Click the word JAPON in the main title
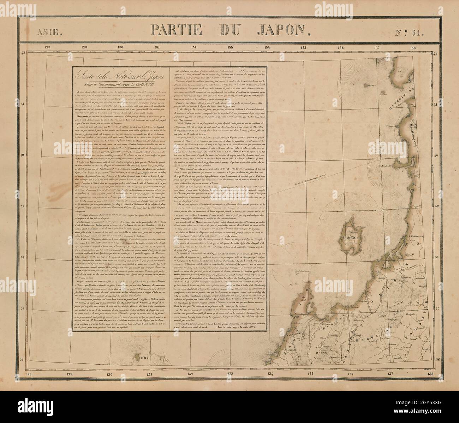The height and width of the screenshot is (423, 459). (279, 30)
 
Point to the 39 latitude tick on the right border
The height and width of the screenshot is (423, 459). (435, 206)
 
